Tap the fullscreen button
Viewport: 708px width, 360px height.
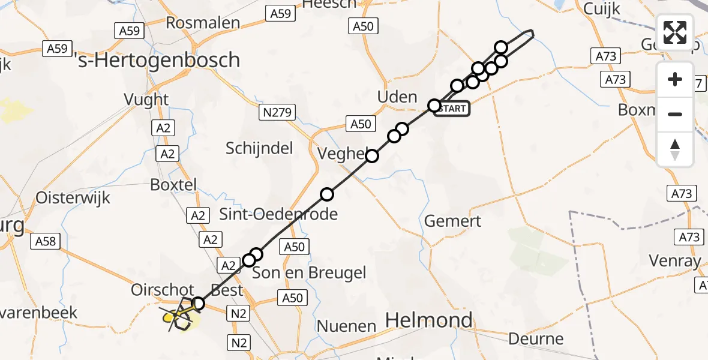coord(675,32)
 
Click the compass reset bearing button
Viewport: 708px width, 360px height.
coord(675,149)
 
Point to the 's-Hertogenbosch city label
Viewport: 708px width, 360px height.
coord(160,60)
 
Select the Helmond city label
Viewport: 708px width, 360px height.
coord(428,320)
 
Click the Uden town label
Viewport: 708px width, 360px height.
coord(397,97)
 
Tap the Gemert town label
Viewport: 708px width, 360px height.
coord(452,221)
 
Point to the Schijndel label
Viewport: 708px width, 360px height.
coord(259,148)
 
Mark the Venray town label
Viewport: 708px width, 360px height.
coord(675,261)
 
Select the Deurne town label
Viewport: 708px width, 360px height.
coord(536,339)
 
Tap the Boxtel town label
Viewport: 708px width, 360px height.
coord(173,185)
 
